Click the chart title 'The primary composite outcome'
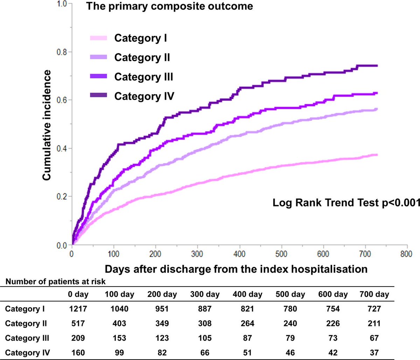coord(169,6)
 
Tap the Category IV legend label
coord(144,96)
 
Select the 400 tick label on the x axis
coord(239,254)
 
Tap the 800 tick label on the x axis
coord(406,254)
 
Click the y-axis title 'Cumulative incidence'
coord(47,125)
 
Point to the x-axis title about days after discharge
coord(236,269)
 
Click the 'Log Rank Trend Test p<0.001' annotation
coord(346,203)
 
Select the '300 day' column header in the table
coord(205,294)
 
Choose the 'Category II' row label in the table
coord(26,324)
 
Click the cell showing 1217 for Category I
coord(77,309)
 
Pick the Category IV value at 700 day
coord(374,353)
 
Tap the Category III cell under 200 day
coord(162,338)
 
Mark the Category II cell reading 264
coord(247,324)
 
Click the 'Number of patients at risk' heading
coord(56,281)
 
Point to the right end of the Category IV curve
coord(377,65)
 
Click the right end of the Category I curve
coord(377,155)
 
